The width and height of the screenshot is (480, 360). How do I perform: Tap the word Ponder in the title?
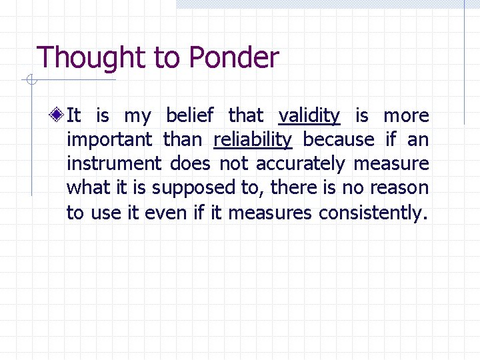pyautogui.click(x=233, y=58)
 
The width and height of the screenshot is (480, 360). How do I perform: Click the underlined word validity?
pyautogui.click(x=309, y=116)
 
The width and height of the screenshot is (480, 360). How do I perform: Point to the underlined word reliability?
pyautogui.click(x=253, y=140)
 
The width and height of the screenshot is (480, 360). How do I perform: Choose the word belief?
pyautogui.click(x=189, y=115)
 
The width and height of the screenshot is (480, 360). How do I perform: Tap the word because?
pyautogui.click(x=339, y=139)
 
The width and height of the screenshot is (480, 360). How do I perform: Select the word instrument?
pyautogui.click(x=114, y=163)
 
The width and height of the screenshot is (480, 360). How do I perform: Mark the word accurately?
pyautogui.click(x=301, y=164)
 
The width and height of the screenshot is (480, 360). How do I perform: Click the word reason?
pyautogui.click(x=398, y=188)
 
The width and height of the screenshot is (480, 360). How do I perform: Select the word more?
pyautogui.click(x=406, y=116)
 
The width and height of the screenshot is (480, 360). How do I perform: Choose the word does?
pyautogui.click(x=190, y=163)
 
